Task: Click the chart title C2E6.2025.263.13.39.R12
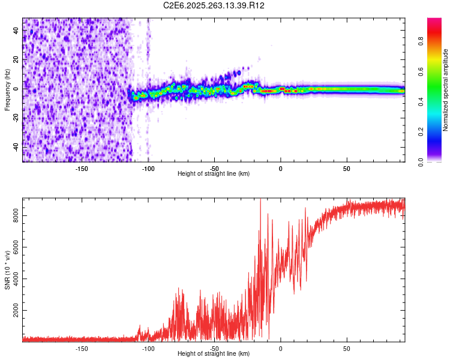214,5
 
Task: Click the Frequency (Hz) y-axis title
7,90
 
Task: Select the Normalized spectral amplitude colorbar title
445,90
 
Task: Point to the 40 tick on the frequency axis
16,31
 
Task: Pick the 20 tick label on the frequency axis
16,60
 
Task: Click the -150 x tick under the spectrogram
82,168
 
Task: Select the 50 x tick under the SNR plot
346,348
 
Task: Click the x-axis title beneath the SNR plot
214,354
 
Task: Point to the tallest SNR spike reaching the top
260,200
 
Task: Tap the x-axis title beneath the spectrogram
214,174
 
